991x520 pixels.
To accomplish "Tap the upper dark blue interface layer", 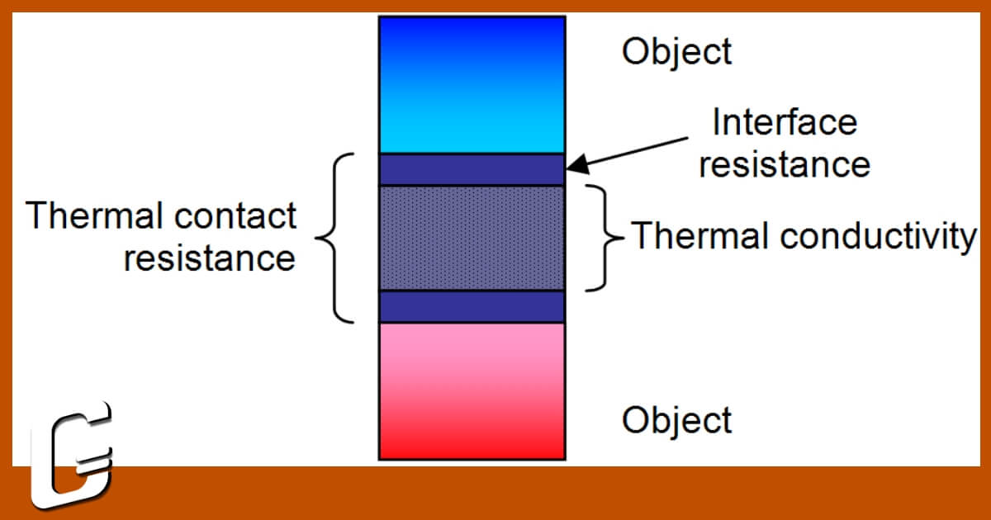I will [472, 169].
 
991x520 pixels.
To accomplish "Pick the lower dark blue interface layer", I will [472, 306].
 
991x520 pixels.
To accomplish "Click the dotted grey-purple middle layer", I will [472, 238].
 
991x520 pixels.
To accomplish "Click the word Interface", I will [785, 123].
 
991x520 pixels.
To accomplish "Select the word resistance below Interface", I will [785, 164].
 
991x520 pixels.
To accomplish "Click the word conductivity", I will [877, 237].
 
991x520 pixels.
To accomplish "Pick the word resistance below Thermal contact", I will [209, 258].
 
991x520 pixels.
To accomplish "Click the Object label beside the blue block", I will [676, 52].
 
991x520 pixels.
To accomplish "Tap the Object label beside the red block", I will [676, 419].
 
